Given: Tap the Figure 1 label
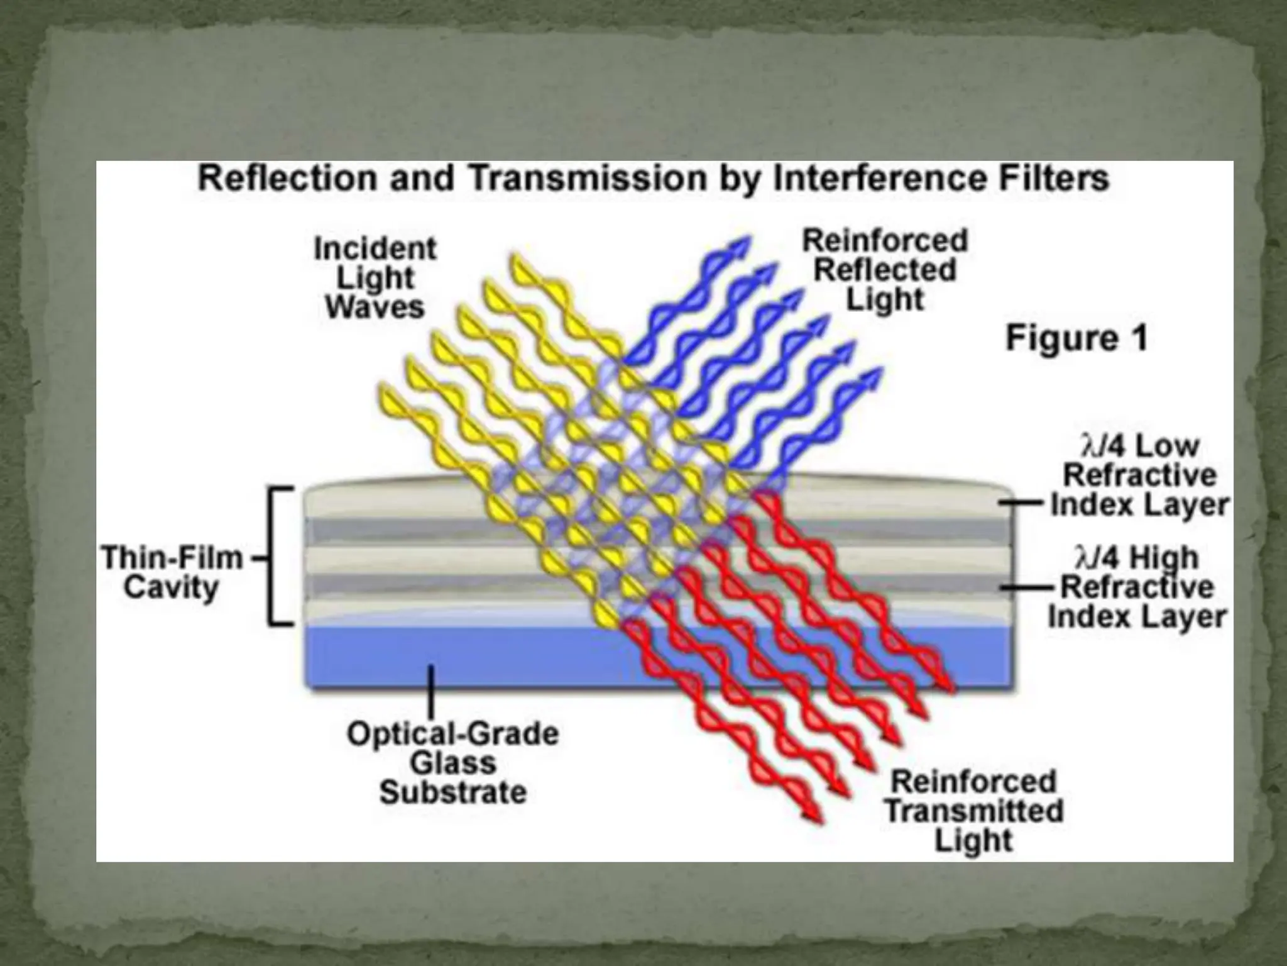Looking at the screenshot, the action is click(1076, 338).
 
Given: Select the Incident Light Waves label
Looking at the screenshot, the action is click(375, 277).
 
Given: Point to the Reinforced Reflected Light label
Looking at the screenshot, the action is click(885, 270).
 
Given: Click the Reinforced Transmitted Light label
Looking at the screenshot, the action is click(974, 811).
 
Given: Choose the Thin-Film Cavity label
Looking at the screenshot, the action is click(172, 572).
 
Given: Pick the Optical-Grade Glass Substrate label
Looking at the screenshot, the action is click(452, 762).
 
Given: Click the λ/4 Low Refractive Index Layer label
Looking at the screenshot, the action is click(1139, 475).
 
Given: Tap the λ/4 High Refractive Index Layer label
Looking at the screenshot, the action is click(1137, 587).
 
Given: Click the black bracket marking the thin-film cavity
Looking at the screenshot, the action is click(273, 557).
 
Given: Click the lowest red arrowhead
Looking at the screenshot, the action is click(813, 814).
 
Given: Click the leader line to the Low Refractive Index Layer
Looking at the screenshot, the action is click(1022, 503).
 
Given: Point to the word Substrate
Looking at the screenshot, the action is click(452, 792).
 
